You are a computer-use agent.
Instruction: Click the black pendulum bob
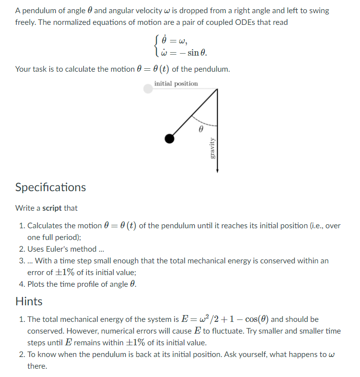pyautogui.click(x=169, y=139)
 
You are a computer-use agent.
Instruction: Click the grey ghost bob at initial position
pyautogui.click(x=148, y=89)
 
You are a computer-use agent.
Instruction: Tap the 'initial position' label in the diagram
pyautogui.click(x=176, y=84)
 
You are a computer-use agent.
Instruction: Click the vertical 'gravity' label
pyautogui.click(x=212, y=148)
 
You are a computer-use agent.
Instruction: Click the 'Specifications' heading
pyautogui.click(x=50, y=187)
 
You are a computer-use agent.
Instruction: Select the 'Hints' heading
pyautogui.click(x=29, y=301)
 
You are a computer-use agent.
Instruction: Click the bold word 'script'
pyautogui.click(x=52, y=208)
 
